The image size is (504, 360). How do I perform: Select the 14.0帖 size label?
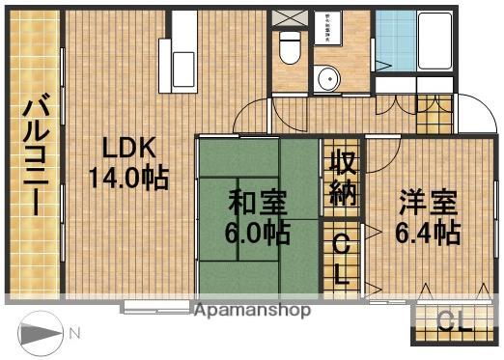(x=128, y=178)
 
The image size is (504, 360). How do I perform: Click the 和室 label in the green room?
(x=257, y=203)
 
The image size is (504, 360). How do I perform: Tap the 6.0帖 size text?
(x=257, y=232)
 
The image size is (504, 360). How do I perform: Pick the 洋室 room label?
(x=427, y=203)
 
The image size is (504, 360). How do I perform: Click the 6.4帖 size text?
(x=427, y=232)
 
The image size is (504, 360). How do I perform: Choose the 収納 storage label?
(x=342, y=177)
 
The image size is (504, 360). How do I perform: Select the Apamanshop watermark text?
(x=252, y=311)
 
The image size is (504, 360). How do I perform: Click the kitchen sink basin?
(x=182, y=67)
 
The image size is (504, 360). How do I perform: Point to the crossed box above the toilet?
(x=286, y=18)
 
